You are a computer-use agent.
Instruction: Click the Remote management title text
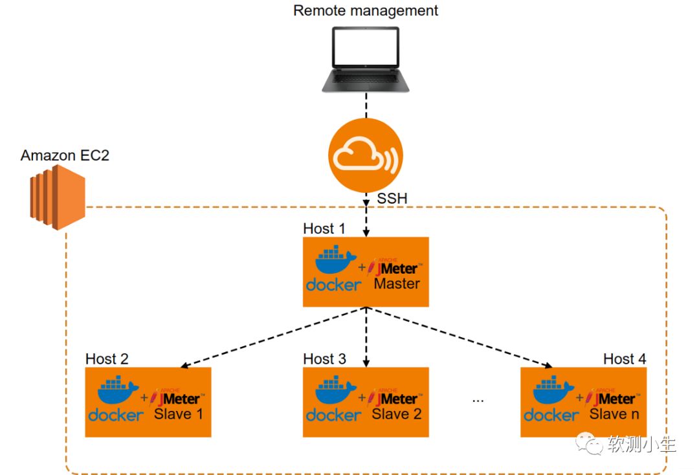point(366,11)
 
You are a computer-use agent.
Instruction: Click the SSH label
point(392,199)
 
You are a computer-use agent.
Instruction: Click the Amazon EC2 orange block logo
point(57,197)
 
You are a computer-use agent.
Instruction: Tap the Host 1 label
point(324,228)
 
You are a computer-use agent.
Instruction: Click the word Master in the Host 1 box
point(397,283)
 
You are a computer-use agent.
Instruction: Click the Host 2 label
point(107,359)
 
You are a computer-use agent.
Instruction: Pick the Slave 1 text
point(178,414)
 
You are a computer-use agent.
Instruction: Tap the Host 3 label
point(324,359)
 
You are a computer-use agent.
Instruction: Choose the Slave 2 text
point(396,414)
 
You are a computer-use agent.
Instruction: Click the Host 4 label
point(624,359)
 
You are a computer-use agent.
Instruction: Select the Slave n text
point(614,414)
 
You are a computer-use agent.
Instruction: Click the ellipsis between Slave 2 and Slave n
point(478,400)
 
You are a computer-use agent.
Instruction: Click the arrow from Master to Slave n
point(460,337)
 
